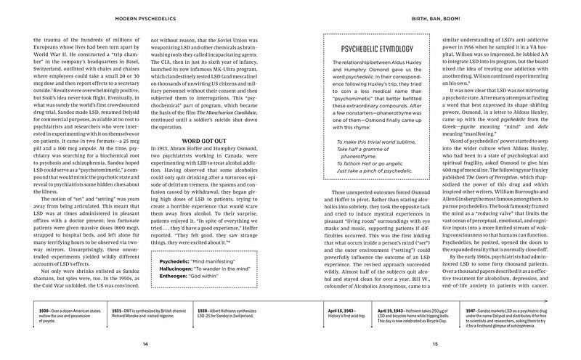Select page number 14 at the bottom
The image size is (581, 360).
pyautogui.click(x=145, y=343)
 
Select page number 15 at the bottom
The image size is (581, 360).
pyautogui.click(x=435, y=343)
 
